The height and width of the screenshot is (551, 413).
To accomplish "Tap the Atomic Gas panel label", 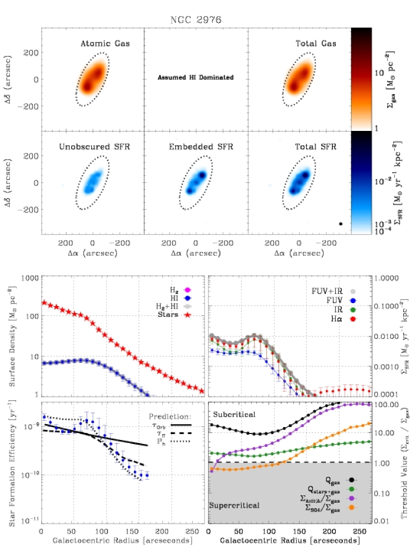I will click(105, 43).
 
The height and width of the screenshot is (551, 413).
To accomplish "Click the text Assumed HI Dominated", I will click(196, 78).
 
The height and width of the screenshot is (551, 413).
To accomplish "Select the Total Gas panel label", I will click(315, 43).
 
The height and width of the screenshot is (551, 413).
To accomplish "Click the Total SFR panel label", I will click(313, 146).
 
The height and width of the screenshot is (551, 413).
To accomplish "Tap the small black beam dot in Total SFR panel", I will click(340, 224).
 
